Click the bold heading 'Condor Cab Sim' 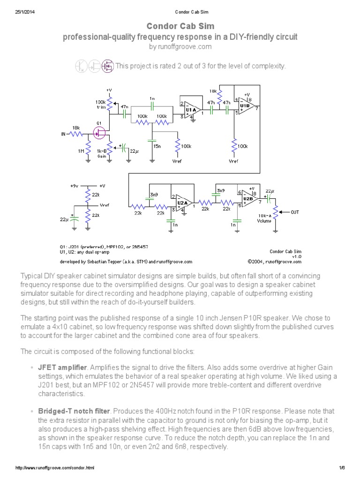[x=180, y=26]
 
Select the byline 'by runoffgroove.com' [x=180, y=46]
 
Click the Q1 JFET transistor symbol [x=99, y=134]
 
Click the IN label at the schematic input [x=64, y=134]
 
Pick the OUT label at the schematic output [x=294, y=212]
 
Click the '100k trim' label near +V [x=100, y=104]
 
